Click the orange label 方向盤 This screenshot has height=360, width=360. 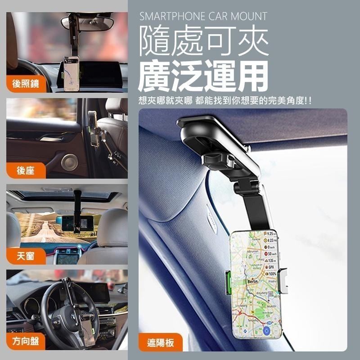click(x=26, y=341)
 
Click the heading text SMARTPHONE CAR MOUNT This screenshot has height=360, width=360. click(x=203, y=17)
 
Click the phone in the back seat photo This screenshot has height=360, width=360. click(x=94, y=130)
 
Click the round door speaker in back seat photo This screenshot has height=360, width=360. click(x=69, y=162)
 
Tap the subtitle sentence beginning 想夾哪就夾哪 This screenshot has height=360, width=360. click(x=225, y=101)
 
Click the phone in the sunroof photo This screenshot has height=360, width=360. click(x=67, y=223)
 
